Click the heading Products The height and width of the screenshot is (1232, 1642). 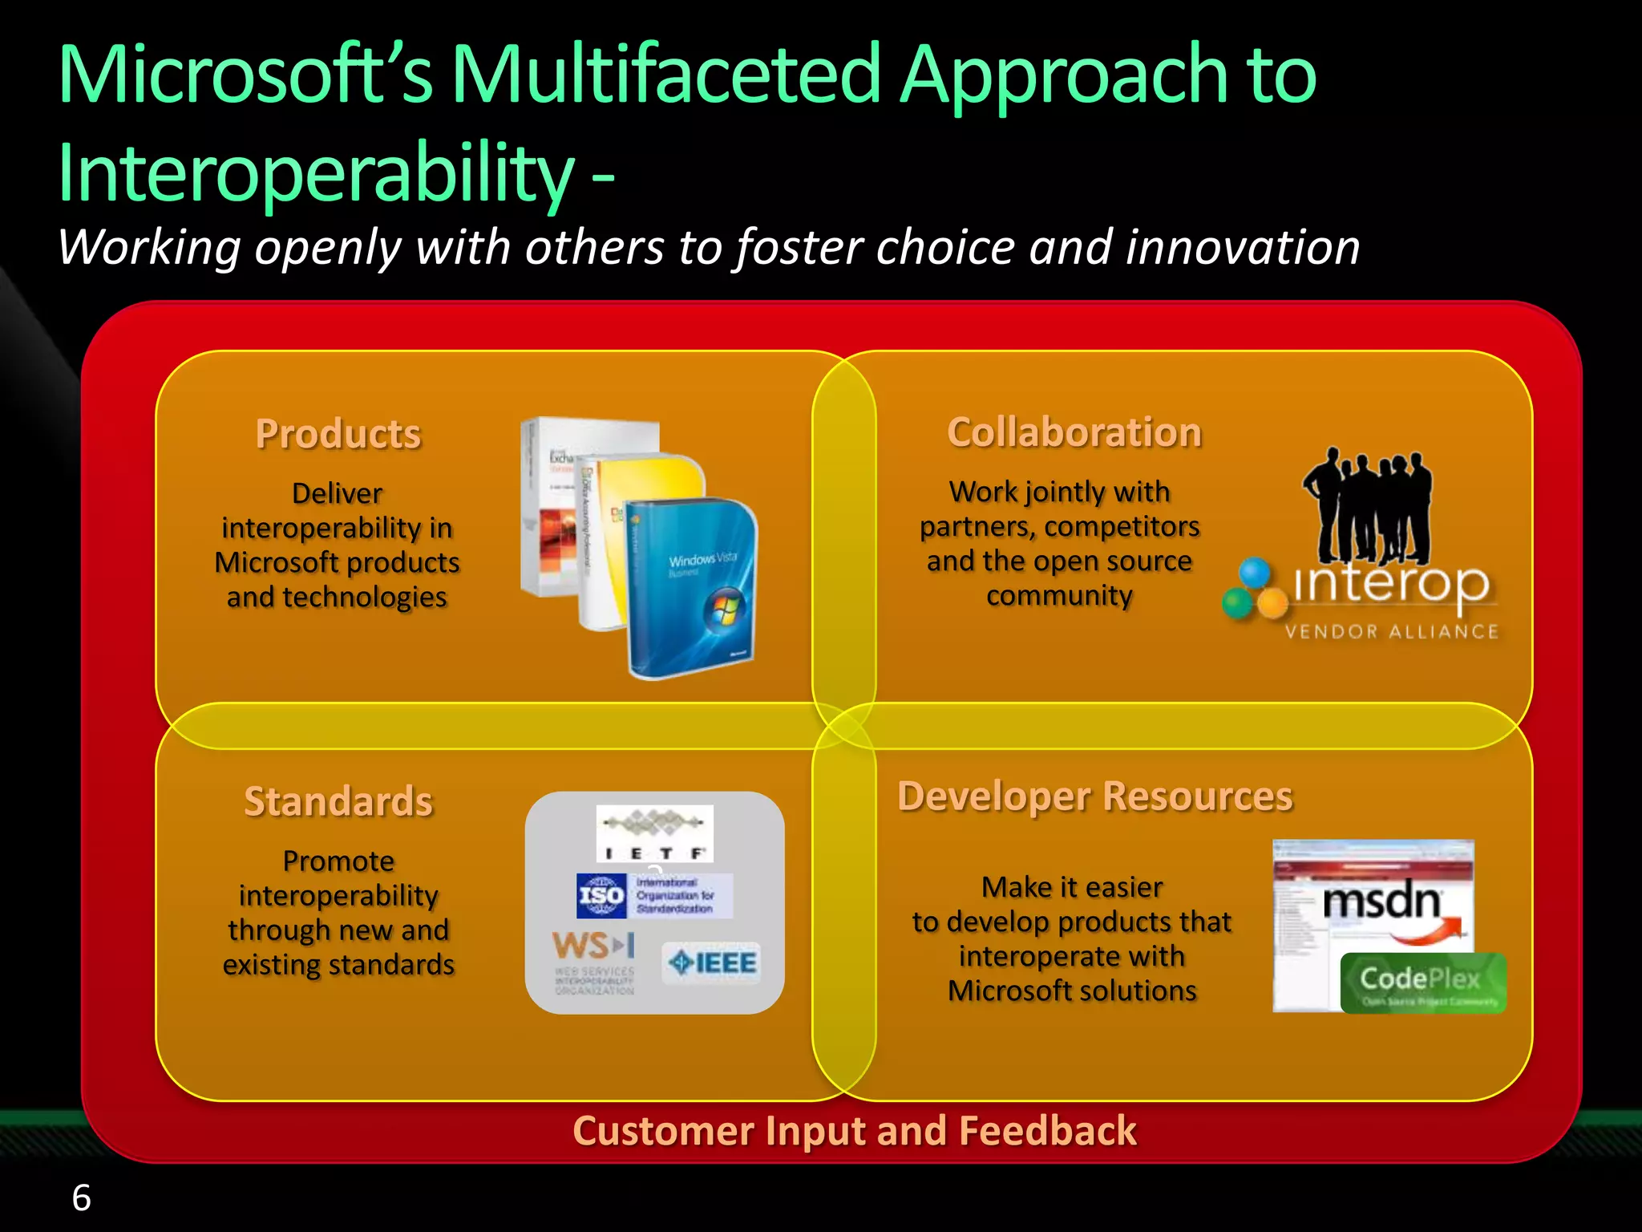[338, 434]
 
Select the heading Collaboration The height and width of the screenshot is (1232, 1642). [1074, 432]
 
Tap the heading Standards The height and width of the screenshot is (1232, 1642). [338, 801]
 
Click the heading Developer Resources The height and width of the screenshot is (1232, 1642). [1095, 796]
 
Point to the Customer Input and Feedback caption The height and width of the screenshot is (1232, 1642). [855, 1131]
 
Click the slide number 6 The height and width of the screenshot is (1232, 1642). [81, 1198]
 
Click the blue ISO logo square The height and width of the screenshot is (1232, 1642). [601, 896]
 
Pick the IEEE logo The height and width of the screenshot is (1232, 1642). [712, 962]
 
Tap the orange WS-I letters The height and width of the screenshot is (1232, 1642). [593, 946]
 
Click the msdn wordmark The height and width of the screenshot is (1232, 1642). [1381, 902]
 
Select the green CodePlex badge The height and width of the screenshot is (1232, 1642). [1423, 983]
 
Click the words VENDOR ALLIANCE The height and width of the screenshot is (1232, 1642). [1391, 632]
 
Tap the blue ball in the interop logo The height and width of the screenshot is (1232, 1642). [1255, 573]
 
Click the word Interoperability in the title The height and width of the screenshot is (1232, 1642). [317, 172]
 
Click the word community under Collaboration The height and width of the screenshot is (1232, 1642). [1059, 596]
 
